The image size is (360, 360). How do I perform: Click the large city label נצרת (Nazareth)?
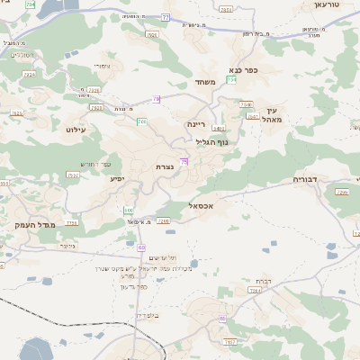click(165, 166)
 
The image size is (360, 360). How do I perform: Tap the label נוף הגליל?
click(211, 141)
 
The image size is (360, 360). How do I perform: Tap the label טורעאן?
click(327, 4)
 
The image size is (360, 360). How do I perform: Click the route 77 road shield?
click(166, 17)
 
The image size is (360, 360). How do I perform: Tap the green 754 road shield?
click(231, 80)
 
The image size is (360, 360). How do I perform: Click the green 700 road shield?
click(141, 121)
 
